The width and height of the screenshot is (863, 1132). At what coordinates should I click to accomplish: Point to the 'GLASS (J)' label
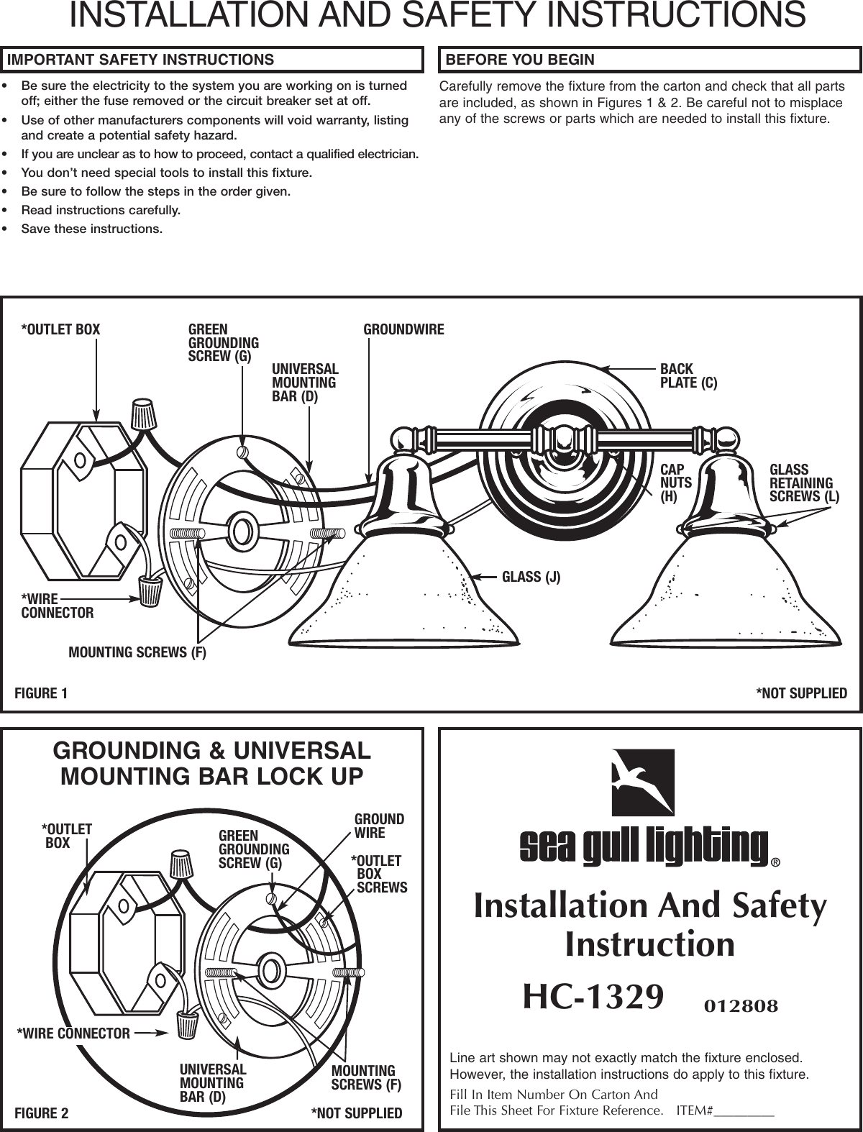pyautogui.click(x=531, y=577)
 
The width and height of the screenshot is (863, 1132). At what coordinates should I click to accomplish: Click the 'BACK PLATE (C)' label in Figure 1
pyautogui.click(x=688, y=376)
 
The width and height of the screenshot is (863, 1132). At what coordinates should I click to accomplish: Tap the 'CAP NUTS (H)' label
pyautogui.click(x=675, y=483)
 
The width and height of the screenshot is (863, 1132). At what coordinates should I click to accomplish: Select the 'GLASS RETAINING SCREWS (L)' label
pyautogui.click(x=804, y=483)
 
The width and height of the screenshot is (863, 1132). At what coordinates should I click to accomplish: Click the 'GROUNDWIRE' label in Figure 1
pyautogui.click(x=403, y=330)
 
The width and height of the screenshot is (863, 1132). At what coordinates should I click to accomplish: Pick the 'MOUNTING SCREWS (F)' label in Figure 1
pyautogui.click(x=137, y=653)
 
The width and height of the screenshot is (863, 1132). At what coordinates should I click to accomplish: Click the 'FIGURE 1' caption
pyautogui.click(x=41, y=693)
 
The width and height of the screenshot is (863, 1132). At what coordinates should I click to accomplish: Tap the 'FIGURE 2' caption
pyautogui.click(x=42, y=1114)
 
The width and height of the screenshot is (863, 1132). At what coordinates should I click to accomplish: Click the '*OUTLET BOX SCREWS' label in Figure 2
pyautogui.click(x=379, y=874)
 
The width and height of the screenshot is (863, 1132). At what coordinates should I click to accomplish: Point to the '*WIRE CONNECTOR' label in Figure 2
pyautogui.click(x=74, y=1034)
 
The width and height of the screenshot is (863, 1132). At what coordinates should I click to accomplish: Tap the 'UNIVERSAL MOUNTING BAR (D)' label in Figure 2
pyautogui.click(x=213, y=1083)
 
